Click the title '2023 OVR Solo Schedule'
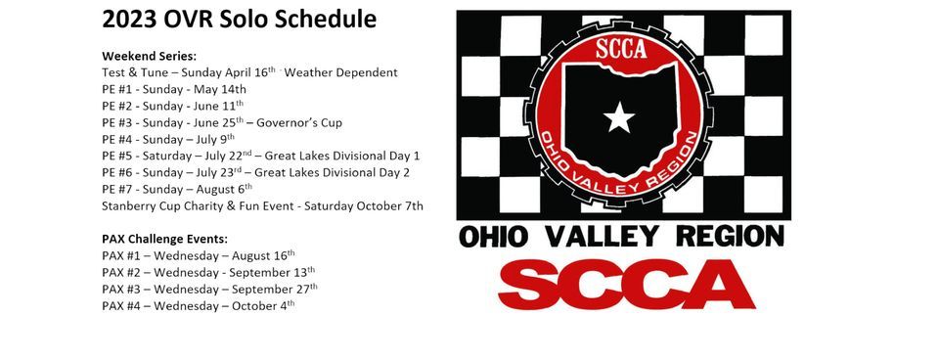[239, 20]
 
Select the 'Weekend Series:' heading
[149, 57]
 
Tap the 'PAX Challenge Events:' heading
[164, 239]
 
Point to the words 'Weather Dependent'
[340, 72]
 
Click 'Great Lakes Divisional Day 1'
[342, 156]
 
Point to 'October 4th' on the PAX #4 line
[263, 306]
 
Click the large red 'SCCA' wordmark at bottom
[626, 284]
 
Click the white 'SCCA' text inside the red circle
[621, 49]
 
